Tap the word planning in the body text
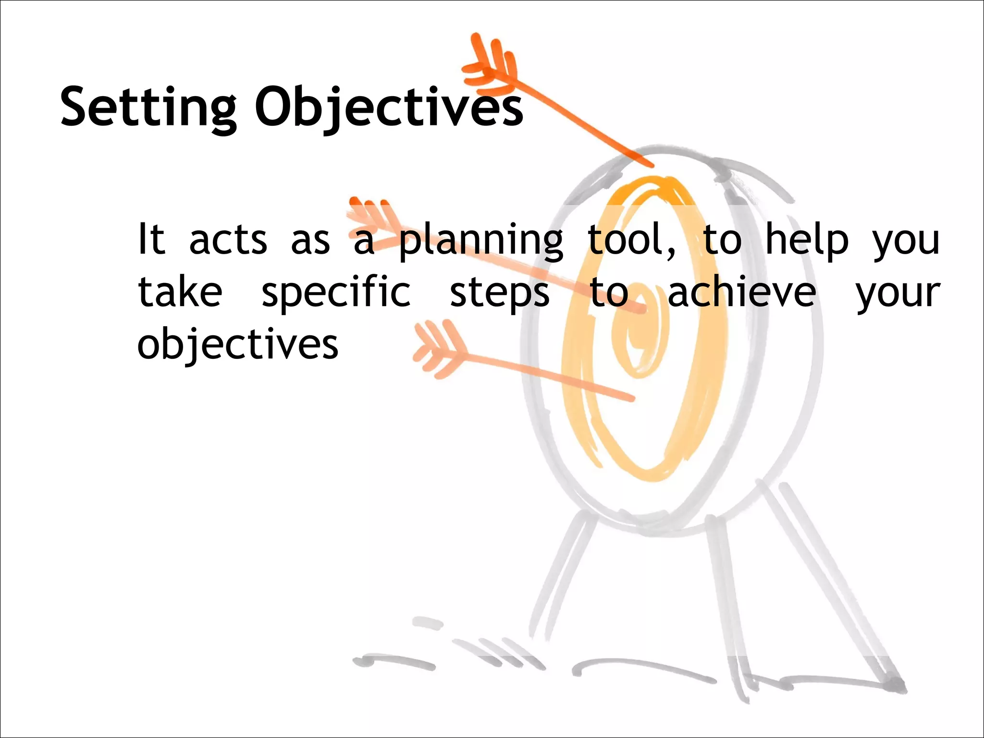click(x=481, y=240)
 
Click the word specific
click(x=336, y=293)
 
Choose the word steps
click(x=499, y=293)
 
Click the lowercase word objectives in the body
click(x=238, y=344)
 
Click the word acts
click(x=228, y=240)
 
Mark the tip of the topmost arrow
click(x=651, y=165)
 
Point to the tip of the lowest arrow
click(x=632, y=398)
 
